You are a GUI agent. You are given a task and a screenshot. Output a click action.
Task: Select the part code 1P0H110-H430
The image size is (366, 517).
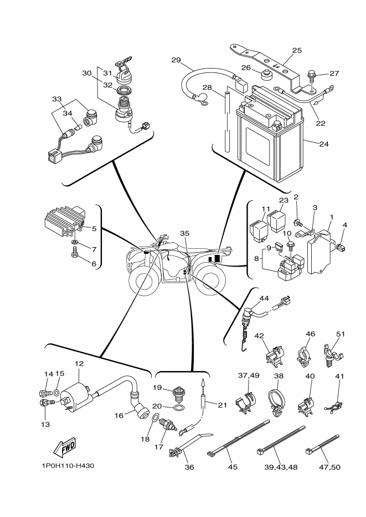[66, 466]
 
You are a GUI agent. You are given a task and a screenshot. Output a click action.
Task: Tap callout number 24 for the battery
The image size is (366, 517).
[324, 144]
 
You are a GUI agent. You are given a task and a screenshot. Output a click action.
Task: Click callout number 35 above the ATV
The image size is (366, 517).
[185, 233]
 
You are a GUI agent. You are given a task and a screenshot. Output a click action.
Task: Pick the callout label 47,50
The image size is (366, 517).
[327, 467]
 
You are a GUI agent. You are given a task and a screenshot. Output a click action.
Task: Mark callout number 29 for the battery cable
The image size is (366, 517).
[176, 60]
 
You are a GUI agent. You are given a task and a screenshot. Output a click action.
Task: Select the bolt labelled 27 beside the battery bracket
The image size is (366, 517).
[312, 74]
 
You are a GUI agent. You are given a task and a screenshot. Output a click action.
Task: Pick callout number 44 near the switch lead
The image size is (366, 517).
[264, 298]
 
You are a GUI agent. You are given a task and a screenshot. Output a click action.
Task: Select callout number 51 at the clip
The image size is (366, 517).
[341, 335]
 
